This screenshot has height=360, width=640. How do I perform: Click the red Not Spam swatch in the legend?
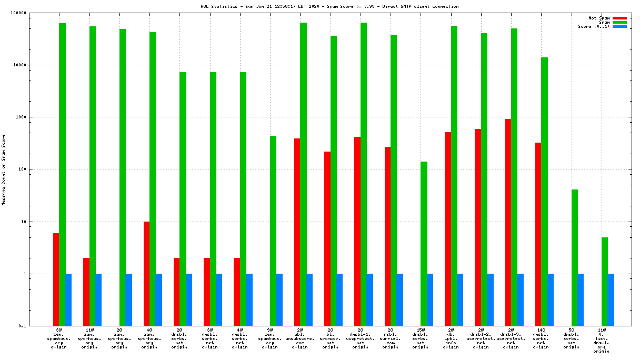point(619,18)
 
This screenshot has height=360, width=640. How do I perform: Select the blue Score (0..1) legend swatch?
point(619,26)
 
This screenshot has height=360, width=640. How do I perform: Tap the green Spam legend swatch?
point(619,22)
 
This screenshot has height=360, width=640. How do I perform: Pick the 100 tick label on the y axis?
point(35,169)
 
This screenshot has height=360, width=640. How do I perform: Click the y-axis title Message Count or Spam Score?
point(4,169)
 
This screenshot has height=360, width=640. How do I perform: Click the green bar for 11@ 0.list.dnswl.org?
point(605,282)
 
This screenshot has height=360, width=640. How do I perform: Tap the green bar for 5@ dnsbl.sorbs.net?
point(575,258)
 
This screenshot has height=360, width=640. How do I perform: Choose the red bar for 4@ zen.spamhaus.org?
point(147,274)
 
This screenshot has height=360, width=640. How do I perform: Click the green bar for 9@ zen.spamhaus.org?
point(273,231)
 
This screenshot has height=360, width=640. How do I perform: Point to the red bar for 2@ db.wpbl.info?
point(448,229)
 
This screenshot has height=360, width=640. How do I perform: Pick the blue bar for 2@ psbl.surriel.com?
point(400,300)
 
